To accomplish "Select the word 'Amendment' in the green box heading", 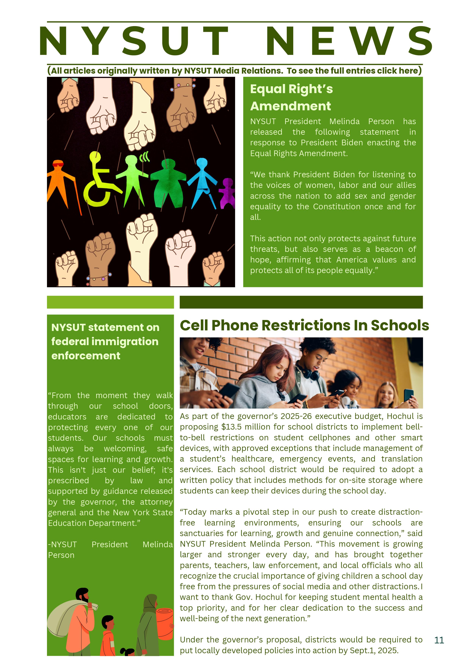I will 290,106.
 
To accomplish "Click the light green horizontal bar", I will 110,302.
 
